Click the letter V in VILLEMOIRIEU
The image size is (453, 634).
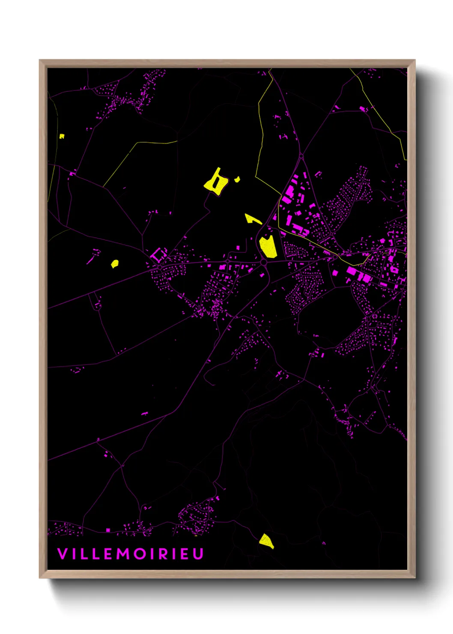62,554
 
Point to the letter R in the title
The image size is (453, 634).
162,554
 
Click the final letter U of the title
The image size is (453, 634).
198,554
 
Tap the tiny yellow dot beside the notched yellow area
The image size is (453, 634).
237,179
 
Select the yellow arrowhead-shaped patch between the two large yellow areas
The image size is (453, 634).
251,219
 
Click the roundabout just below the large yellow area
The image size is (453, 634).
264,262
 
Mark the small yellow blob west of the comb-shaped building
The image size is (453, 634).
114,263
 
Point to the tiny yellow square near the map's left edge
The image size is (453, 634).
62,136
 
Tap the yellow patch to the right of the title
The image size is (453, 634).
266,541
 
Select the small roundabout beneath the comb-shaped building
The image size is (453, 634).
159,267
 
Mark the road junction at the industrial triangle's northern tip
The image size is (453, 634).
301,156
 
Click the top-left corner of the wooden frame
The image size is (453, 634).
40,60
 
